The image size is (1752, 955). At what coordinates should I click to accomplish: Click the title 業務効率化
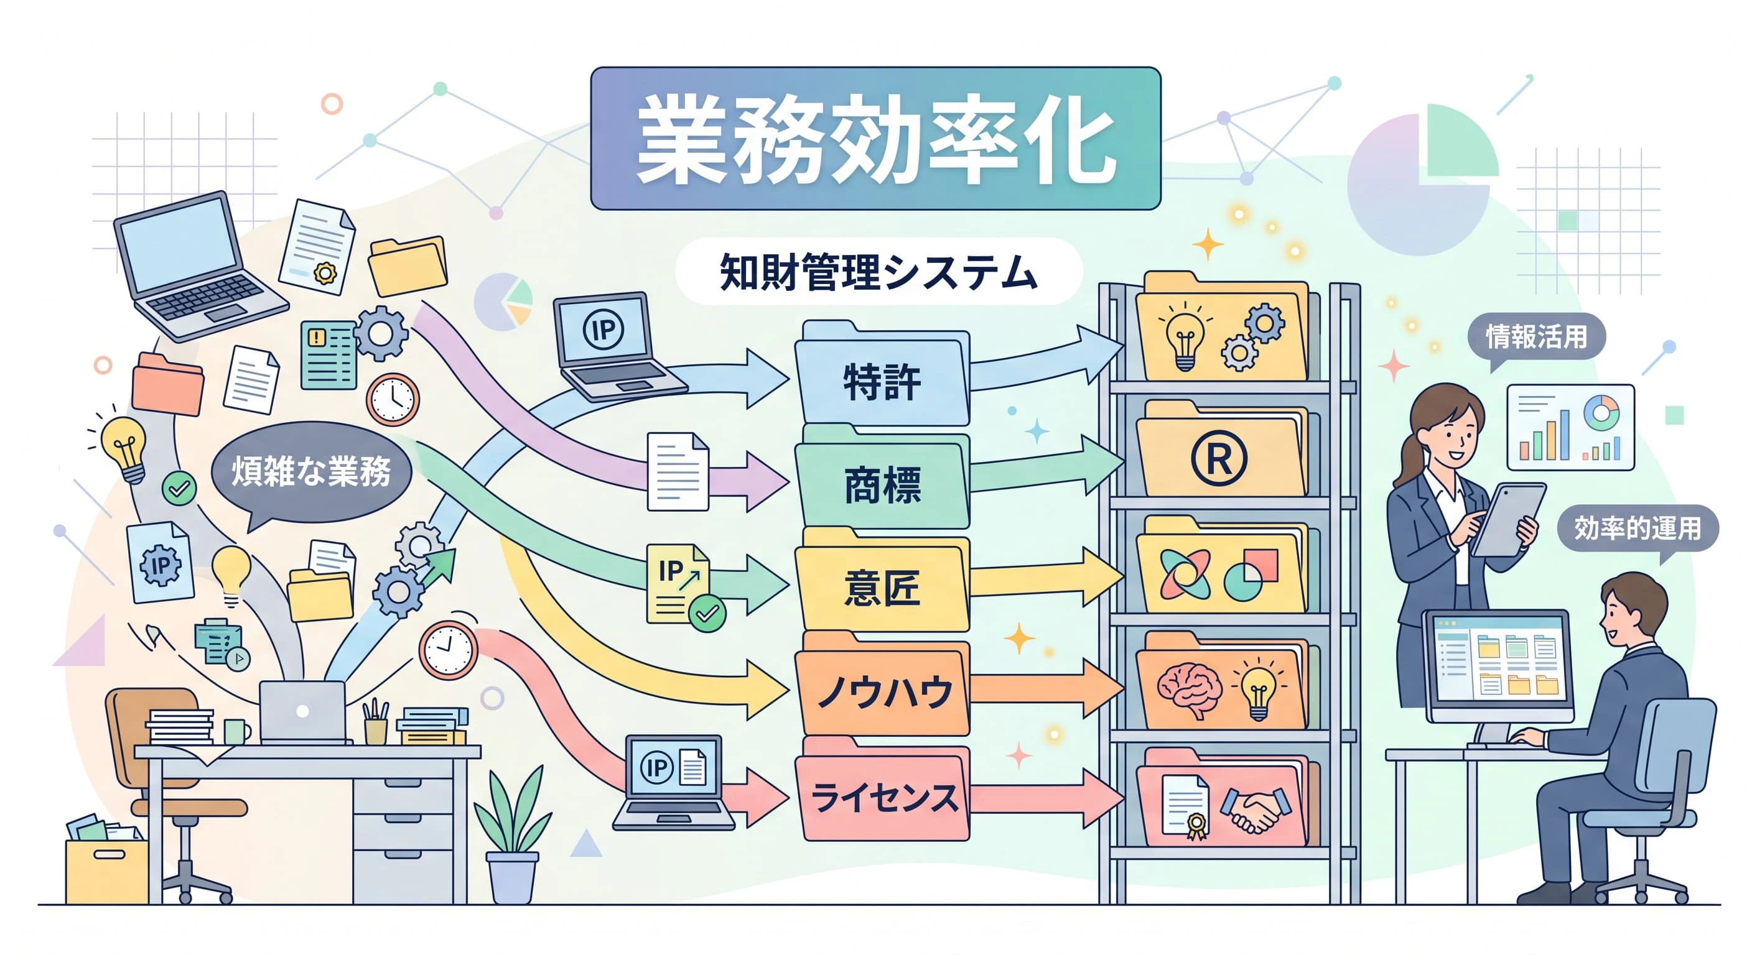coord(875,138)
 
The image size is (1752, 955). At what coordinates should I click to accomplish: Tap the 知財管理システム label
coord(878,272)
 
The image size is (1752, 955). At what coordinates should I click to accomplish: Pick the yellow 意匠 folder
coord(883,583)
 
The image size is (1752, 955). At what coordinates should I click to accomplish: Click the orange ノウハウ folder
coord(883,686)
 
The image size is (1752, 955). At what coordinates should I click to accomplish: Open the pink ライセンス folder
coord(883,791)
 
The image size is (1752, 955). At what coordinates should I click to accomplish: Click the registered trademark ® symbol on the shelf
coord(1219,459)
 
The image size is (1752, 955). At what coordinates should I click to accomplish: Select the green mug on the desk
coord(236,731)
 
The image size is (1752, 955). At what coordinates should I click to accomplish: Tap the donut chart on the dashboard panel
coord(1601,413)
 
